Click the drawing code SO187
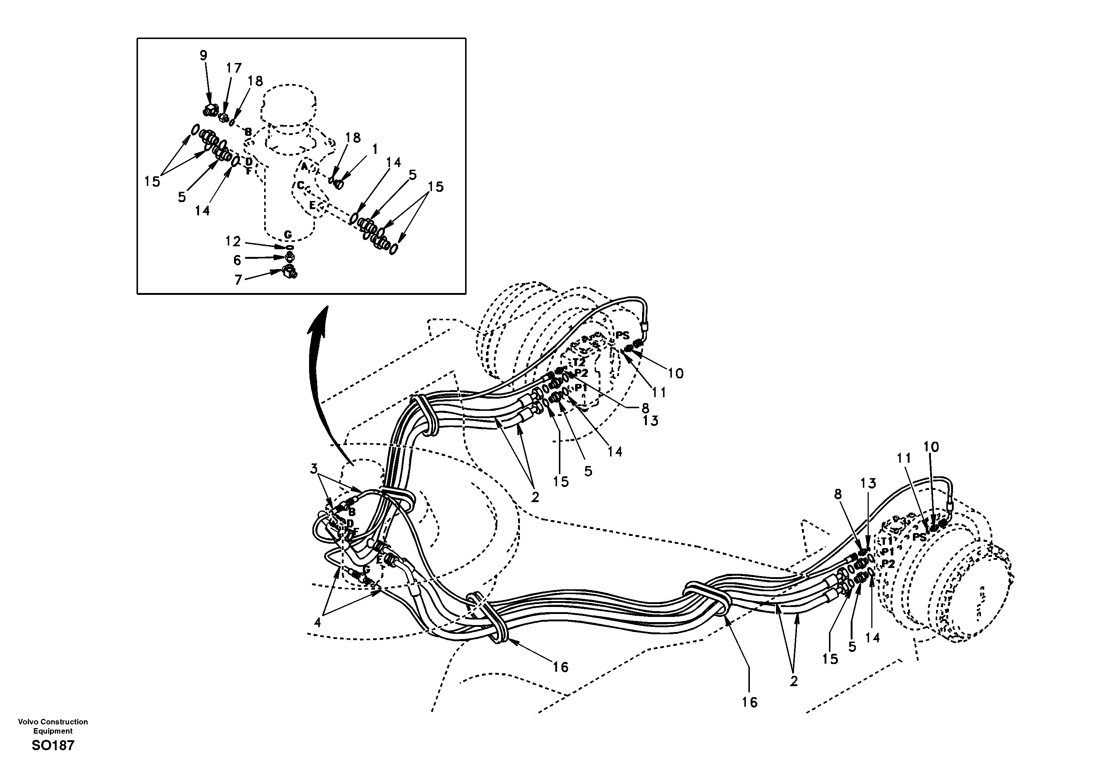[x=53, y=745]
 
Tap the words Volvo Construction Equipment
[x=53, y=726]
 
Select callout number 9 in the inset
[x=203, y=55]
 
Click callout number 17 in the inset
[x=234, y=68]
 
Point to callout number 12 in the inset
[x=233, y=241]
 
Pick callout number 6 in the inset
[x=237, y=260]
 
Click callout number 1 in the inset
[x=375, y=149]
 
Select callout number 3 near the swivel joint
[x=313, y=469]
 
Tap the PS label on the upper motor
[x=622, y=335]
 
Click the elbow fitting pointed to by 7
[x=289, y=272]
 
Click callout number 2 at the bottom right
[x=793, y=681]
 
